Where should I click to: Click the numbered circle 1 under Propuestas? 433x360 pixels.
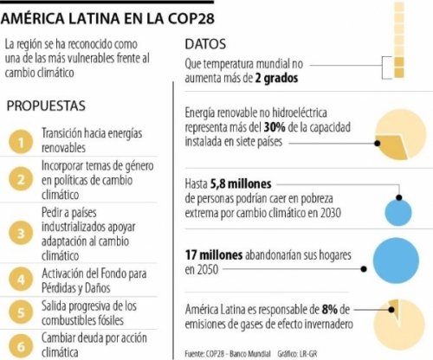pyautogui.click(x=21, y=142)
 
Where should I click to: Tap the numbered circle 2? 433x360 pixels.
pyautogui.click(x=21, y=179)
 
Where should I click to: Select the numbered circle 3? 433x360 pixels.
pyautogui.click(x=21, y=233)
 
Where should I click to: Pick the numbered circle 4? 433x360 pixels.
pyautogui.click(x=21, y=280)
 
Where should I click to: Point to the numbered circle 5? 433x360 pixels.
pyautogui.click(x=21, y=312)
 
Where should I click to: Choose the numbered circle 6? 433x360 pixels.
pyautogui.click(x=21, y=346)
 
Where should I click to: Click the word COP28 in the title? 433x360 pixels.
pyautogui.click(x=191, y=19)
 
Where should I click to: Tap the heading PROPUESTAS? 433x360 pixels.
pyautogui.click(x=46, y=106)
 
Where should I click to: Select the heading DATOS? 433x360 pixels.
pyautogui.click(x=205, y=44)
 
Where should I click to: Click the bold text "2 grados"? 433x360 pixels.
pyautogui.click(x=276, y=78)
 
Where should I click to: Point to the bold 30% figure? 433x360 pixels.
pyautogui.click(x=275, y=127)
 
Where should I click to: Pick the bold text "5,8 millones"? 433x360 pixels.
pyautogui.click(x=241, y=183)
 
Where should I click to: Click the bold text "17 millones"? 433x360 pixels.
pyautogui.click(x=214, y=255)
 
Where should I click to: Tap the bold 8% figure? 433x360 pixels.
pyautogui.click(x=330, y=310)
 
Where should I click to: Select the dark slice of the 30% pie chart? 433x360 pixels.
pyautogui.click(x=392, y=147)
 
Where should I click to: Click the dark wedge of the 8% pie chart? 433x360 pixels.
pyautogui.click(x=395, y=308)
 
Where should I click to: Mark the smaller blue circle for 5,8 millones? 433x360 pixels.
pyautogui.click(x=398, y=213)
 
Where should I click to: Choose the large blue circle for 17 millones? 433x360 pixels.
pyautogui.click(x=396, y=260)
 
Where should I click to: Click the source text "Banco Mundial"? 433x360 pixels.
pyautogui.click(x=250, y=354)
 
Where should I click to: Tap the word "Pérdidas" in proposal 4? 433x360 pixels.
pyautogui.click(x=60, y=288)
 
